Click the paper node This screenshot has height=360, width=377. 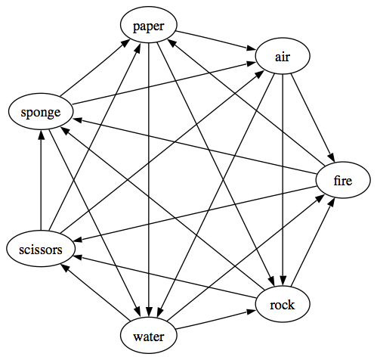149,25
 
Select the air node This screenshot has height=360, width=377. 283,56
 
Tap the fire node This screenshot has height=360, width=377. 343,180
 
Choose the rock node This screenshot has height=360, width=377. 283,304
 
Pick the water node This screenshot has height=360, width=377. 149,335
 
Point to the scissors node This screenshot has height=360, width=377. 41,249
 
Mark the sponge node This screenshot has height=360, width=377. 41,111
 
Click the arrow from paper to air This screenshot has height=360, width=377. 215,40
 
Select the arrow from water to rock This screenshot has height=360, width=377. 215,320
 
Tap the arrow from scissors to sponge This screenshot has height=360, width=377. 41,180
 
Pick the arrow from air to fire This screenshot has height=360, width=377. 313,117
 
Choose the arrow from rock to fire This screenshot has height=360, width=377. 313,242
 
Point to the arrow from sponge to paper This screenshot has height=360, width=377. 94,68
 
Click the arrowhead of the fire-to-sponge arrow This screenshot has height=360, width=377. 77,119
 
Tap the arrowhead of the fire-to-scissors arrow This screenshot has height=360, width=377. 79,240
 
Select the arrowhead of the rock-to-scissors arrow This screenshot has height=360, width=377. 77,257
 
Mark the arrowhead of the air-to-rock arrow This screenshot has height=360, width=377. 283,281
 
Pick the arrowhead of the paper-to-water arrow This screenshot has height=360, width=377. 149,312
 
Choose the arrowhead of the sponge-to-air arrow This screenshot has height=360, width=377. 252,64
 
